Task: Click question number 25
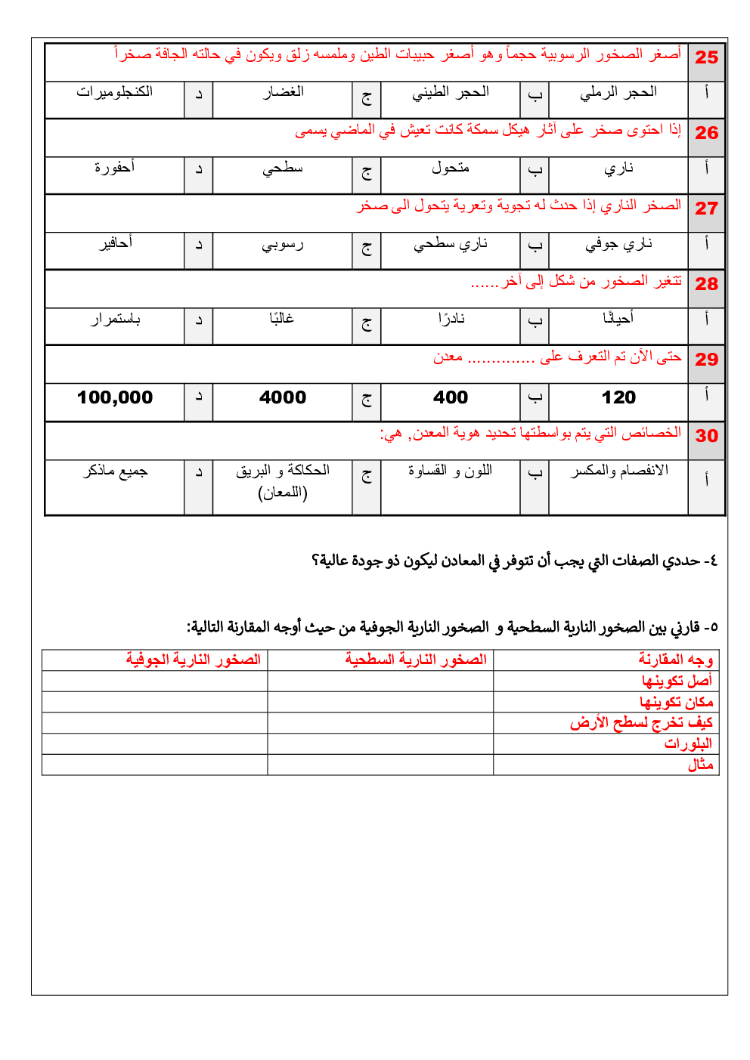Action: [x=706, y=57]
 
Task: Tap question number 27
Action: [x=706, y=209]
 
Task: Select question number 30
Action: [x=706, y=436]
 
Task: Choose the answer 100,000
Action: [x=115, y=397]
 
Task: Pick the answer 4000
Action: [x=283, y=397]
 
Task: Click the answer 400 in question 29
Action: [x=451, y=397]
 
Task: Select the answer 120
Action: [x=618, y=397]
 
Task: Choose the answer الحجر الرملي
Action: [x=618, y=92]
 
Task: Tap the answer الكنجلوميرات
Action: [x=115, y=92]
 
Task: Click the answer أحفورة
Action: [x=115, y=168]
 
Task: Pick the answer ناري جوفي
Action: [x=618, y=244]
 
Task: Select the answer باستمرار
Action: [x=115, y=320]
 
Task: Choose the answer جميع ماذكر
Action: [x=115, y=471]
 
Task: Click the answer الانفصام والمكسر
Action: [x=618, y=471]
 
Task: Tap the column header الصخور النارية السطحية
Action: [x=416, y=660]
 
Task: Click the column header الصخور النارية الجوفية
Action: [x=194, y=660]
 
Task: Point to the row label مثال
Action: [x=700, y=765]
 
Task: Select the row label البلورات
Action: [x=688, y=744]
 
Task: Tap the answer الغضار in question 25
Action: [x=283, y=92]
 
